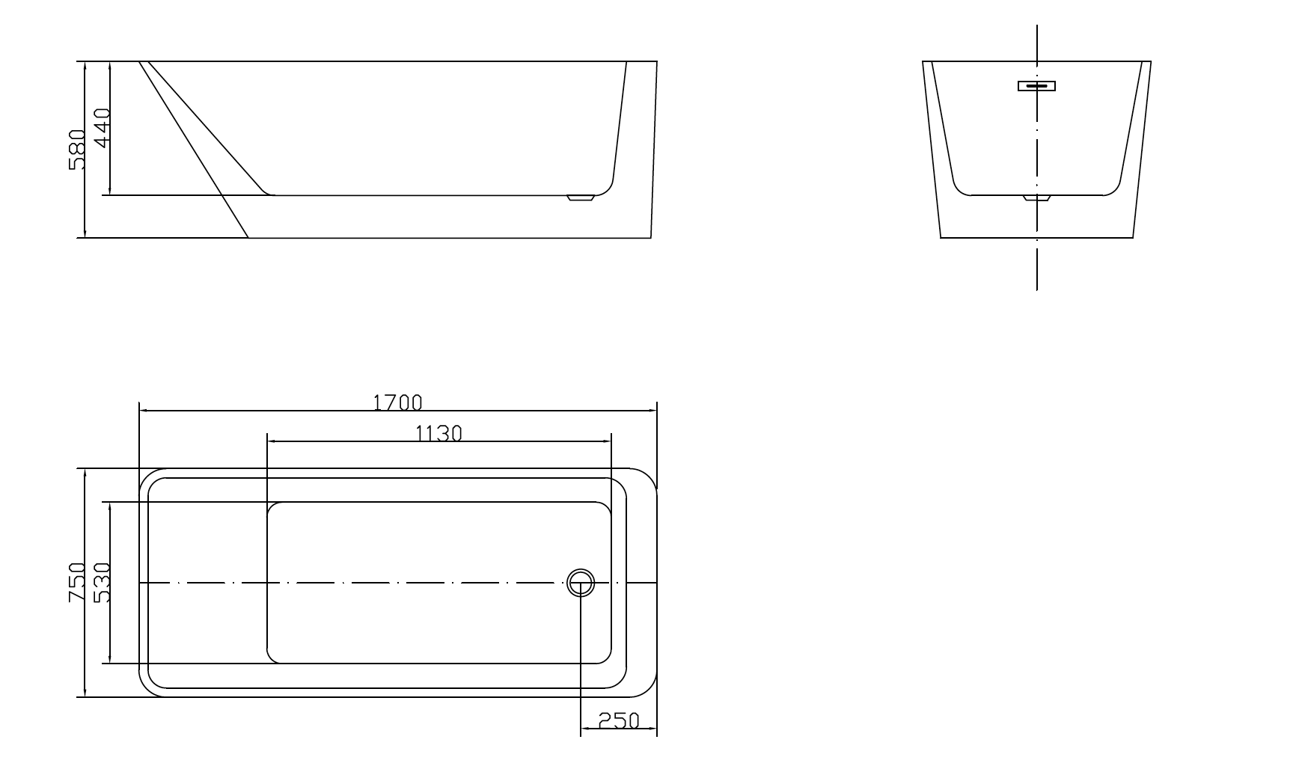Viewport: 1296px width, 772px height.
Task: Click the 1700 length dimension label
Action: point(397,402)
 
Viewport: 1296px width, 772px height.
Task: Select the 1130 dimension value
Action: point(439,433)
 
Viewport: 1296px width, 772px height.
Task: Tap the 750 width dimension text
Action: point(78,583)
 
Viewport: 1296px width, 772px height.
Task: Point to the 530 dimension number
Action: point(102,583)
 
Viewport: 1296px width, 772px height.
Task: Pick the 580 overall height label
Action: point(78,150)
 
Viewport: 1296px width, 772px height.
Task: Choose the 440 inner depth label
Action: point(102,128)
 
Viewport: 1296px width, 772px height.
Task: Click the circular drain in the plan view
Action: point(581,582)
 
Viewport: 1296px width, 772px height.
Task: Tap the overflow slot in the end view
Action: point(1036,85)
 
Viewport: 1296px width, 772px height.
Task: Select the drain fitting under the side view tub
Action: point(580,198)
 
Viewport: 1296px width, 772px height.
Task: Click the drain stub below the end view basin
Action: point(1036,199)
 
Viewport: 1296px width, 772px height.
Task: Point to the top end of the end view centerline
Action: point(1036,27)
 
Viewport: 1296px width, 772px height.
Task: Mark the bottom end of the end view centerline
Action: point(1036,288)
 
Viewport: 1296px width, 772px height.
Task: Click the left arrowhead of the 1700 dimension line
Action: point(144,411)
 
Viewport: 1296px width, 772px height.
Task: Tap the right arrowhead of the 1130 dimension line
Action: point(607,441)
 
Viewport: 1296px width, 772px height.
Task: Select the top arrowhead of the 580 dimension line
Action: point(86,66)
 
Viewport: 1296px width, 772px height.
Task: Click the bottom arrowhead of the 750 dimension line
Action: point(86,693)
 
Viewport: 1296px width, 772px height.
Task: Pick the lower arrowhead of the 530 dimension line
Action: point(110,659)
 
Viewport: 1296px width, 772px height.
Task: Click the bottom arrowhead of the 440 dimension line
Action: point(110,191)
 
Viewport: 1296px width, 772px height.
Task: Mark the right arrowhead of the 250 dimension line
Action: point(652,729)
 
